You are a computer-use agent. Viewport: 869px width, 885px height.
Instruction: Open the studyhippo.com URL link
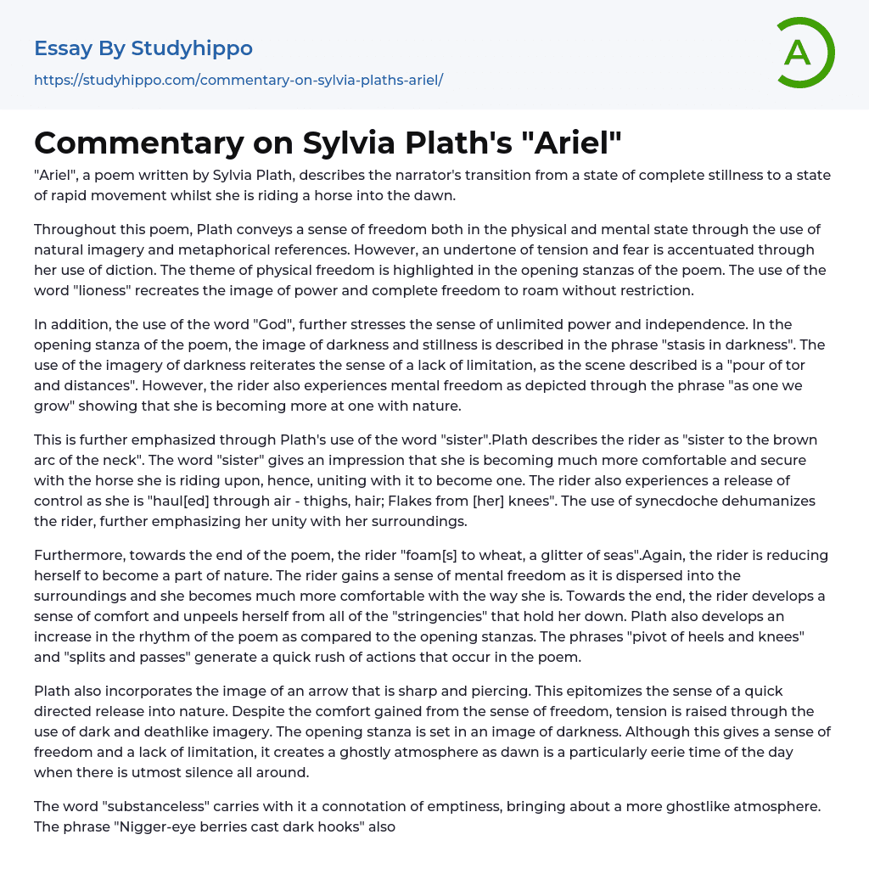[x=238, y=80]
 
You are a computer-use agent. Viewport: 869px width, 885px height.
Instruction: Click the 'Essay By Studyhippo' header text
[x=143, y=48]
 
